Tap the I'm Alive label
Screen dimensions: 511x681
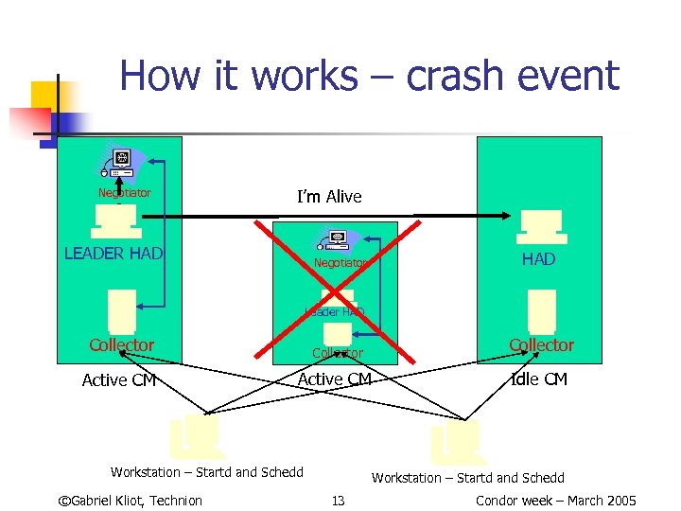[329, 197]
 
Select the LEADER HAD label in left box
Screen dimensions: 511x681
[113, 254]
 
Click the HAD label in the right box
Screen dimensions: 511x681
[538, 259]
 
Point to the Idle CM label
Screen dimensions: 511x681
[538, 379]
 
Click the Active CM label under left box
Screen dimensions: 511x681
[119, 380]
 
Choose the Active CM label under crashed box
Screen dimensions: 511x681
[335, 379]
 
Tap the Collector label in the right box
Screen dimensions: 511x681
[541, 345]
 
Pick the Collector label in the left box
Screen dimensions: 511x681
[121, 345]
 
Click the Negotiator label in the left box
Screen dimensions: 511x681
[125, 193]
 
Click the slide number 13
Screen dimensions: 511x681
[338, 501]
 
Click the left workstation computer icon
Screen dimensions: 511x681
[196, 435]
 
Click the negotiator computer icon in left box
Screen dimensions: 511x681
[119, 163]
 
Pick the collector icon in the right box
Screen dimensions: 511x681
[542, 310]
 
